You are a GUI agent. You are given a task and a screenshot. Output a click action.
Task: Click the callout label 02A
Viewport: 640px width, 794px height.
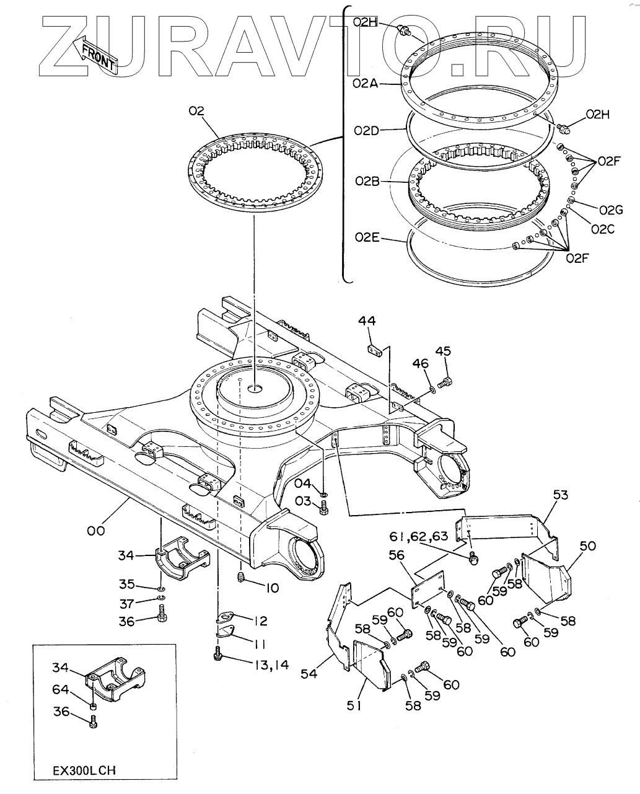(x=366, y=84)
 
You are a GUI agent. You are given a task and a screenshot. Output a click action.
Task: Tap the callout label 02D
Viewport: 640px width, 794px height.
(x=366, y=131)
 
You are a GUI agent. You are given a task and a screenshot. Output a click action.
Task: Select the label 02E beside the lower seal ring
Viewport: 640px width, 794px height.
(x=367, y=237)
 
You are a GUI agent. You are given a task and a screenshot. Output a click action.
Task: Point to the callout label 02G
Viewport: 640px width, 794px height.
(x=612, y=210)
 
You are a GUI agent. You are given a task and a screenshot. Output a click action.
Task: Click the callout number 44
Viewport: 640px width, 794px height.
(x=367, y=320)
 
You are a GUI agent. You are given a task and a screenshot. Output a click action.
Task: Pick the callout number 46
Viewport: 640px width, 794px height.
(x=420, y=363)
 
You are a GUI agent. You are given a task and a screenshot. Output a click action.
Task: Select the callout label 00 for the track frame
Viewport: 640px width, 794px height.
(x=96, y=531)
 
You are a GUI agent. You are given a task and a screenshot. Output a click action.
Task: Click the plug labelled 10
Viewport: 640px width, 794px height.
(x=240, y=578)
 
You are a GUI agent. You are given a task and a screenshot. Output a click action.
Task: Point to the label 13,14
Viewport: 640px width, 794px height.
(x=272, y=665)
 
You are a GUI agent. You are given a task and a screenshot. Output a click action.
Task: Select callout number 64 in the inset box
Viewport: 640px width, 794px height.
(x=61, y=689)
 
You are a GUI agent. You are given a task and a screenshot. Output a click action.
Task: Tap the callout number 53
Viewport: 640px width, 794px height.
(x=561, y=495)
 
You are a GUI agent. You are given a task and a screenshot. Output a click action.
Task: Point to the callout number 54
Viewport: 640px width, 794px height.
(x=309, y=674)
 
